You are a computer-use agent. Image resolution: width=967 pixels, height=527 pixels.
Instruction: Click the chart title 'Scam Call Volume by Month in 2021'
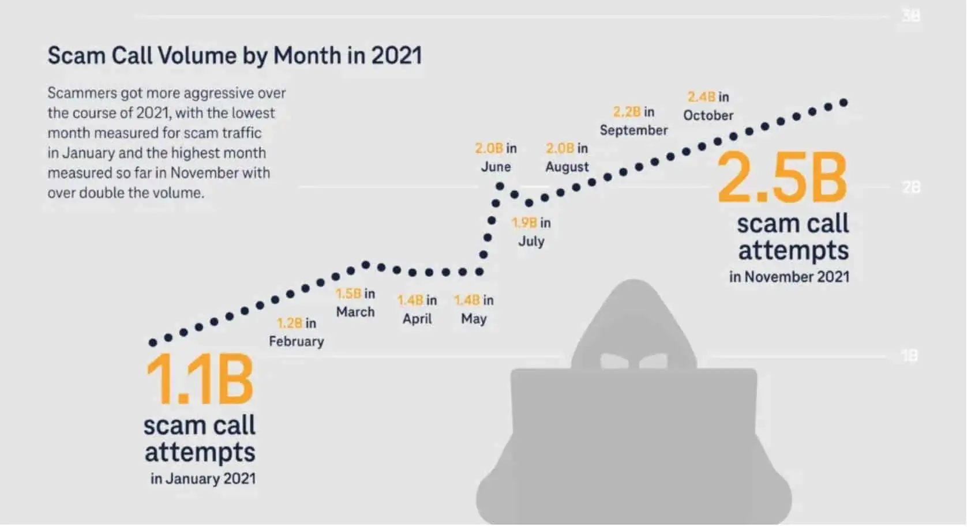[234, 56]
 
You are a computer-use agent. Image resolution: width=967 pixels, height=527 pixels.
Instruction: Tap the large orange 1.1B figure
[200, 379]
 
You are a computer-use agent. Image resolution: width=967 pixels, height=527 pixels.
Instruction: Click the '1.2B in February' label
[297, 332]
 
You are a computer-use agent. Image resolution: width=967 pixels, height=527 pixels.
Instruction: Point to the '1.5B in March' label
[355, 303]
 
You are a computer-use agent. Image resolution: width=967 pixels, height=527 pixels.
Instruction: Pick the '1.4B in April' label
[417, 310]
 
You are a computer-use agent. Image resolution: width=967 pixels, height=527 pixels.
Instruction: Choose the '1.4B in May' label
[474, 310]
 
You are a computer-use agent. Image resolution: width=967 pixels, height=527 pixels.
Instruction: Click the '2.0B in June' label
[496, 157]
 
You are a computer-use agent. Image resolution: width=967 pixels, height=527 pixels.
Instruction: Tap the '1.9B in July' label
[531, 232]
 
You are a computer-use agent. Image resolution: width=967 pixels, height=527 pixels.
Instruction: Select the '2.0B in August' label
[567, 157]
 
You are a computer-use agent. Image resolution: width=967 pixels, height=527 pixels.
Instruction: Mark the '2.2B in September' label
[634, 121]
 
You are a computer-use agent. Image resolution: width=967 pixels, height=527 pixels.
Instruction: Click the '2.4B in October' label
[708, 106]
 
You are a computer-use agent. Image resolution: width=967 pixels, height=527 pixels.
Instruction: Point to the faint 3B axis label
[910, 16]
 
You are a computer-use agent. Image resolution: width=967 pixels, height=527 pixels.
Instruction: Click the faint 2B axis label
[910, 187]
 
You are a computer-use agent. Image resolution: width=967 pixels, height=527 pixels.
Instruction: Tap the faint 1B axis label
[909, 356]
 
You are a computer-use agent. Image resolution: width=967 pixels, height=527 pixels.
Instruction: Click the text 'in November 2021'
[789, 277]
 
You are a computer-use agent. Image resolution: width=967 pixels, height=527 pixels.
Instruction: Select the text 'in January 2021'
[203, 479]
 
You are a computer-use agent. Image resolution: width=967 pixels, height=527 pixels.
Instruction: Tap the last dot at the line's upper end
[844, 103]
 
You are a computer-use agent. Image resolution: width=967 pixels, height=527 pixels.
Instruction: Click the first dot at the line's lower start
[153, 342]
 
